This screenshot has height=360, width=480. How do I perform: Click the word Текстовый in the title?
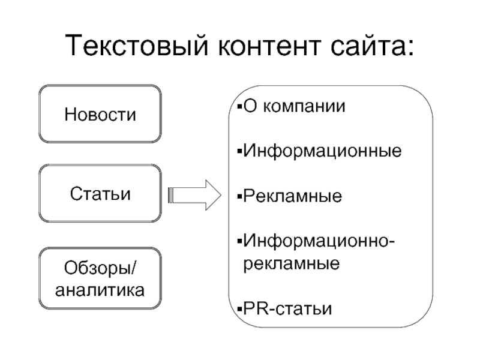(137, 46)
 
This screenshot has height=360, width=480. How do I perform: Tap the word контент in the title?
(269, 46)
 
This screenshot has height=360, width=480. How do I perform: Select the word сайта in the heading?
(368, 46)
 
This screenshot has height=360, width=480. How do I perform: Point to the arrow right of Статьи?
(194, 195)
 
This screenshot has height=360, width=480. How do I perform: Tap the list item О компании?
(294, 107)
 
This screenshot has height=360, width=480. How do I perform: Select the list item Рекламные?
(293, 196)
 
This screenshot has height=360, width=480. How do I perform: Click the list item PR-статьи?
(287, 308)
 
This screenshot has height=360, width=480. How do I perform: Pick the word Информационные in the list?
(322, 151)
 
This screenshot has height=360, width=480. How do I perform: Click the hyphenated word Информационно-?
(319, 241)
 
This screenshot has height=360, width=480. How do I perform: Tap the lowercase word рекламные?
(292, 264)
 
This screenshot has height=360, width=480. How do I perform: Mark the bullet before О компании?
(239, 107)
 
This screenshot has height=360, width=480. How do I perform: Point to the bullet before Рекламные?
(239, 196)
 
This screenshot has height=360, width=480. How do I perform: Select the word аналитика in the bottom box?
(100, 290)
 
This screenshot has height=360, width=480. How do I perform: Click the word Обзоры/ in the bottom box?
(100, 268)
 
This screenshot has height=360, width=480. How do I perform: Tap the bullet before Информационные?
(239, 151)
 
